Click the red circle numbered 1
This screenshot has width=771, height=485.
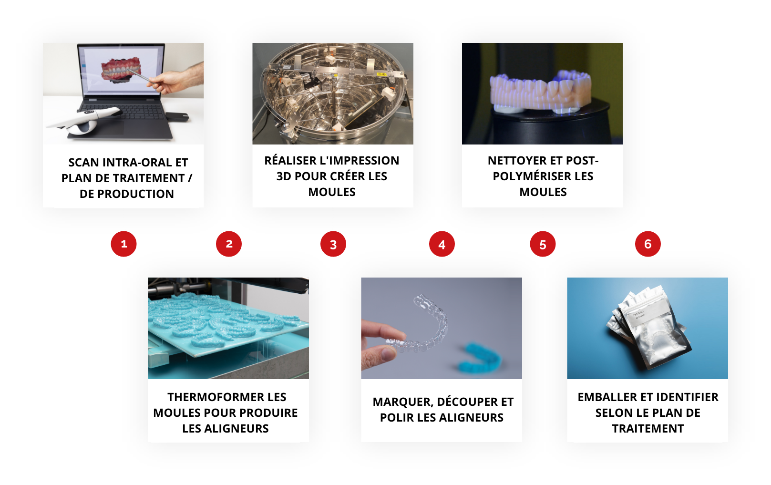point(123,244)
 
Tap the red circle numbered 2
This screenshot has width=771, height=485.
point(229,244)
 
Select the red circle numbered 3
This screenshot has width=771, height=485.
point(333,244)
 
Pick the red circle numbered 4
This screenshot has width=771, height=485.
point(442,244)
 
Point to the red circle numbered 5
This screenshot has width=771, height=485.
point(543,244)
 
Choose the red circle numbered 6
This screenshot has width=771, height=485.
point(648,244)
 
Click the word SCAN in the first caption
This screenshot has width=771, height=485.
point(84,163)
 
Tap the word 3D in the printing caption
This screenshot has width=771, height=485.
point(284,176)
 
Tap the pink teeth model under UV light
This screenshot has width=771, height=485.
point(540,91)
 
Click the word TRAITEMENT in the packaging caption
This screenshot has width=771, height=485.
point(648,429)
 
